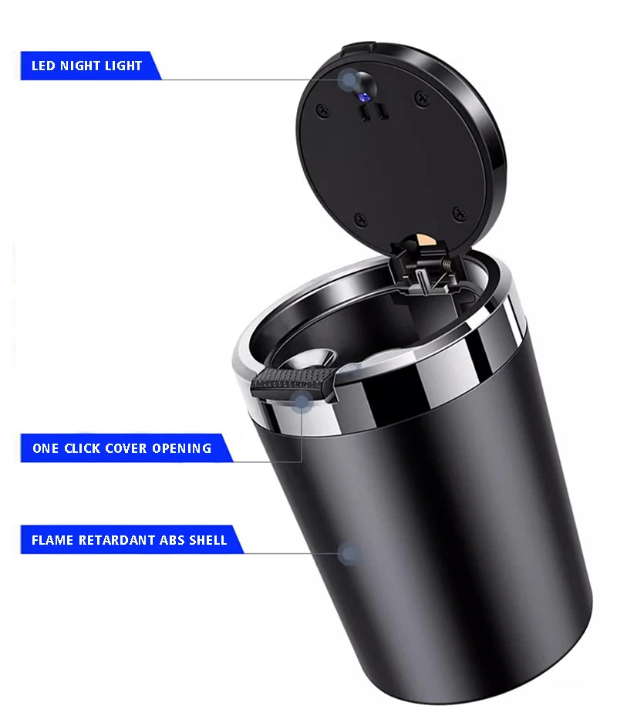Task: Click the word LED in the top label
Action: pyautogui.click(x=42, y=66)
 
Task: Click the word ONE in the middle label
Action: pyautogui.click(x=46, y=448)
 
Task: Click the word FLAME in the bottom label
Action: pyautogui.click(x=52, y=540)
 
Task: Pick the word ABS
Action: pyautogui.click(x=171, y=540)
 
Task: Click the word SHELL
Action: pyautogui.click(x=208, y=540)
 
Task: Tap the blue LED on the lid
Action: pyautogui.click(x=363, y=97)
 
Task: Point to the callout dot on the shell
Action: pyautogui.click(x=349, y=554)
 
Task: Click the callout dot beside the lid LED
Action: pyautogui.click(x=349, y=79)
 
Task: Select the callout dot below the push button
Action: pyautogui.click(x=300, y=400)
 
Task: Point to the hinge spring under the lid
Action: pyautogui.click(x=446, y=265)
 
